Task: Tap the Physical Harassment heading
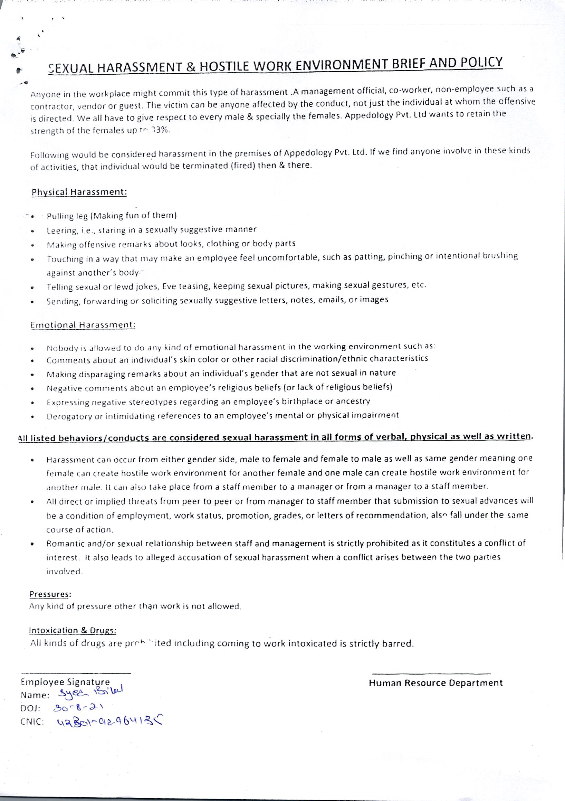coord(79,192)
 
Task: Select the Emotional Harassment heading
coord(83,325)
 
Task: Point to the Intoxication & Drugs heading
coord(73,630)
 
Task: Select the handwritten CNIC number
coord(109,722)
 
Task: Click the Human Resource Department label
coord(435,683)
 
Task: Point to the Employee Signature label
coord(65,682)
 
